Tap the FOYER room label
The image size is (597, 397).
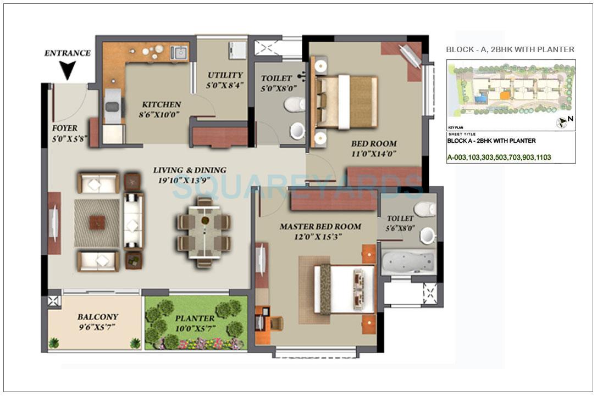pos(65,128)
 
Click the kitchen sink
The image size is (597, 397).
pos(179,53)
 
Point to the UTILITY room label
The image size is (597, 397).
pos(225,75)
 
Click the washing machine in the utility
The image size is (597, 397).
pos(237,50)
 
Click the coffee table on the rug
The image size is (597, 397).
pos(97,222)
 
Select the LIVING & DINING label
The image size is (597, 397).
pos(189,170)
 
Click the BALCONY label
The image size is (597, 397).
pos(97,317)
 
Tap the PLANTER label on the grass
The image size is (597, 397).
pos(195,318)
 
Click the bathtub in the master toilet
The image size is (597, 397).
pos(407,263)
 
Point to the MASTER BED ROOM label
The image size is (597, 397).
pos(320,226)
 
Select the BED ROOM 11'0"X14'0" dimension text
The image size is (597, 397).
pos(374,154)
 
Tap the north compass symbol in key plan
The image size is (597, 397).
pos(562,122)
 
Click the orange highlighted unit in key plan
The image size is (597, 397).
pos(504,95)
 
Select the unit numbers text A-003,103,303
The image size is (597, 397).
pos(499,157)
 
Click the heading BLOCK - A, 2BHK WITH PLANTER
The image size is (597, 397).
pos(510,49)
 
